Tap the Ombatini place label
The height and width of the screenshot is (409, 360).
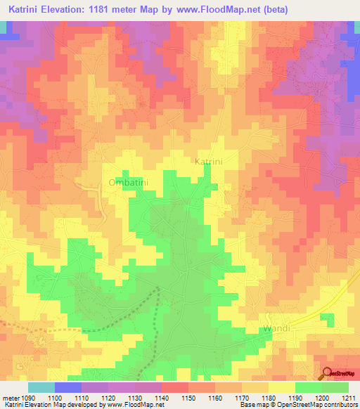point(127,182)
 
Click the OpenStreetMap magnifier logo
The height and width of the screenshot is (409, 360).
point(328,374)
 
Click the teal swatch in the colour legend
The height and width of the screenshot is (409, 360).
point(41,387)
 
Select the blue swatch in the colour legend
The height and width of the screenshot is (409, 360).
point(68,387)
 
